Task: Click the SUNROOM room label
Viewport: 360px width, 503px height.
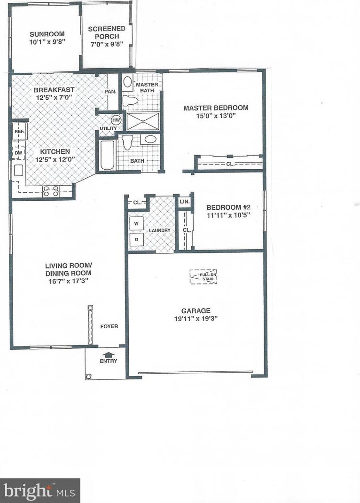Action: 47,34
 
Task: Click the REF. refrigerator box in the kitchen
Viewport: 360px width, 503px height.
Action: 19,132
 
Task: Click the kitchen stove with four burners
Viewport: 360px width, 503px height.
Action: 51,190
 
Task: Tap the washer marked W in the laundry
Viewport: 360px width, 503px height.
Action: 136,224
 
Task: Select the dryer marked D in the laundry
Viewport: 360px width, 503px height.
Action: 136,239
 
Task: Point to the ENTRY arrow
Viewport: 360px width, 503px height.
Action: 108,355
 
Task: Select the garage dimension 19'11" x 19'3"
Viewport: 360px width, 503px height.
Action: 196,318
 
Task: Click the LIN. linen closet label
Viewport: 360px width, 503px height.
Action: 184,202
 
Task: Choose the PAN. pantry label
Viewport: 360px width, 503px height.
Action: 110,92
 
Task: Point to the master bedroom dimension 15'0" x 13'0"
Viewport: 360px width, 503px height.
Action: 216,115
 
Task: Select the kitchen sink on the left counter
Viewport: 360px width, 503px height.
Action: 18,170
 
